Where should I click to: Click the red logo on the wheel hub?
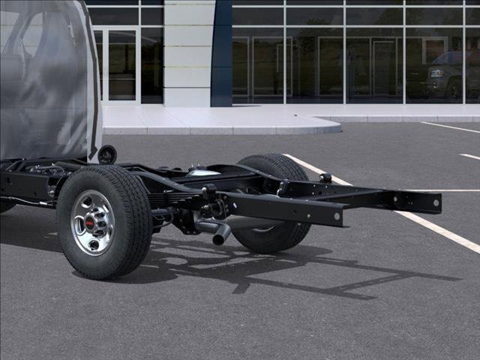click(90, 223)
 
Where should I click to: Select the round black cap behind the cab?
click(107, 154)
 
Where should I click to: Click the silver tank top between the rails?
click(202, 172)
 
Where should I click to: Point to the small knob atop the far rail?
click(325, 178)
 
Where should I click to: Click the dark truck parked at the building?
click(450, 75)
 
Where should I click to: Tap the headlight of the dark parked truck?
click(436, 73)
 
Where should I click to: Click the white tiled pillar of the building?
click(187, 52)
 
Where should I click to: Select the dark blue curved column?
click(221, 52)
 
